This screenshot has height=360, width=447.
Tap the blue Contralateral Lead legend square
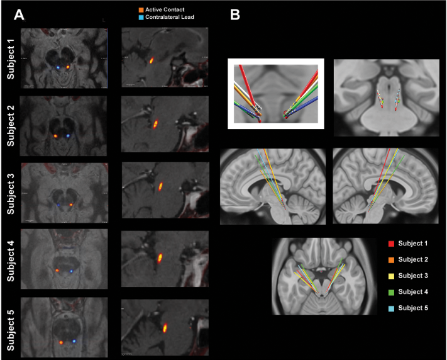coord(141,18)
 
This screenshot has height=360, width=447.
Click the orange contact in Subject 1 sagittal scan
coord(152,61)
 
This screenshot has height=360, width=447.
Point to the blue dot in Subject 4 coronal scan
coord(71,271)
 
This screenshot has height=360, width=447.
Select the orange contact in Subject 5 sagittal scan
coord(165,327)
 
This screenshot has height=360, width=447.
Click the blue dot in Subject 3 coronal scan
coord(57,205)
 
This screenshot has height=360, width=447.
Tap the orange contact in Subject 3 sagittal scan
coord(161,186)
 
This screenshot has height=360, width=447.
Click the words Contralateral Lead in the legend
coord(170,18)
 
